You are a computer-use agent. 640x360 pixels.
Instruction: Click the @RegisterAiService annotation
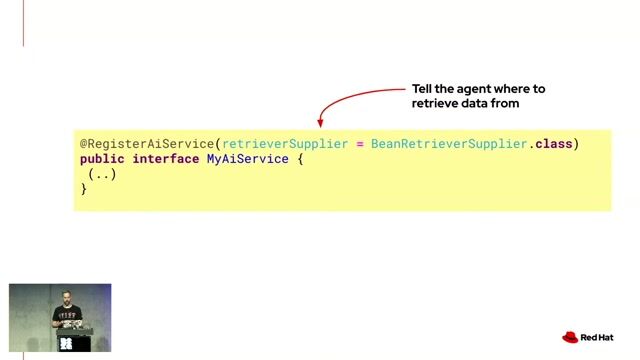(x=147, y=144)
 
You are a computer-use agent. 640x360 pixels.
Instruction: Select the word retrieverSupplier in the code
(x=285, y=144)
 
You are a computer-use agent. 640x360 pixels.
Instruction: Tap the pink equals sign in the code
(x=360, y=144)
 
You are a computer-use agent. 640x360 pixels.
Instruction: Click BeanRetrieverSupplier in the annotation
(x=449, y=144)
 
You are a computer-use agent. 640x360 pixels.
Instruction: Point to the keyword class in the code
(x=553, y=144)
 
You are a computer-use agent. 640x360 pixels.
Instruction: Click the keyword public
(x=102, y=159)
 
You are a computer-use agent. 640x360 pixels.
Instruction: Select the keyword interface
(x=165, y=159)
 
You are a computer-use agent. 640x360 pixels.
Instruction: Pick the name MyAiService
(x=248, y=159)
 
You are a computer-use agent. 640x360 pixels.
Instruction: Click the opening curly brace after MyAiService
(x=300, y=159)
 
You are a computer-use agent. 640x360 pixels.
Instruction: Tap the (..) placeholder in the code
(x=102, y=174)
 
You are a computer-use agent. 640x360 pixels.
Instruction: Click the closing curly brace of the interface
(x=83, y=189)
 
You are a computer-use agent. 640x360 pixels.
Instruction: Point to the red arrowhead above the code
(x=320, y=123)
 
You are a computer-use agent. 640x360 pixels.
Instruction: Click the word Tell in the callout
(x=422, y=89)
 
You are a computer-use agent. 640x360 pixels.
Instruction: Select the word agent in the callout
(x=473, y=89)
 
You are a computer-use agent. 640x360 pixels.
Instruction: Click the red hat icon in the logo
(x=570, y=337)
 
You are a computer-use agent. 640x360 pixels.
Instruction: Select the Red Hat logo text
(x=597, y=338)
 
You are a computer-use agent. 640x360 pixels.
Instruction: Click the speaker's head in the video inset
(x=67, y=297)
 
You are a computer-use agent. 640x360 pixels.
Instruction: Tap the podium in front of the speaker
(x=75, y=339)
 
